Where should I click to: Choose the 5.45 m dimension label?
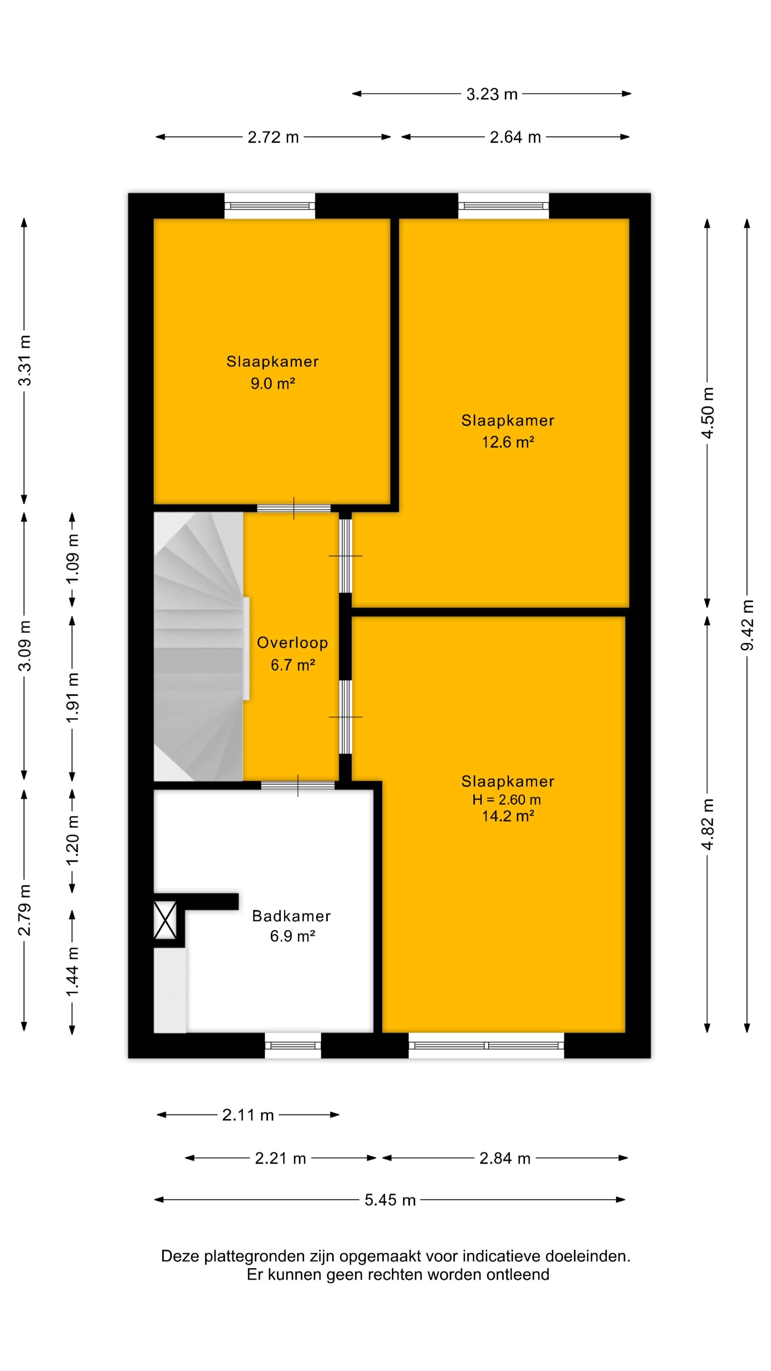(x=390, y=1200)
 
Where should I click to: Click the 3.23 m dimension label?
(x=492, y=94)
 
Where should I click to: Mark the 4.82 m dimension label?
(x=707, y=824)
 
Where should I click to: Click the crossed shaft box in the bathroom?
(x=165, y=920)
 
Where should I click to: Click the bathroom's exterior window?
(x=293, y=1045)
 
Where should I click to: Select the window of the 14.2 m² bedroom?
(x=486, y=1045)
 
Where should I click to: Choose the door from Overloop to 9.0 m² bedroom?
(x=294, y=508)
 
